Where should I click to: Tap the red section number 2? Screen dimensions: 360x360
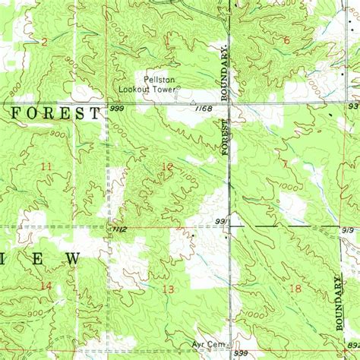(x=44, y=42)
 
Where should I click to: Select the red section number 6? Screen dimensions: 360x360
(x=286, y=40)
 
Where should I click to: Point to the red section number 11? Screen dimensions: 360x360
(x=46, y=166)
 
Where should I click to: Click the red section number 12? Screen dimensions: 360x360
(x=167, y=166)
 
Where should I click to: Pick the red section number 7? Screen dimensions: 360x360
(x=285, y=164)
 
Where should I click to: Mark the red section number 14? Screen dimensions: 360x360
(x=46, y=286)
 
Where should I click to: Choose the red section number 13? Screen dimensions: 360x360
(x=168, y=289)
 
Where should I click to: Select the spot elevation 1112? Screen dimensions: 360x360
(x=117, y=229)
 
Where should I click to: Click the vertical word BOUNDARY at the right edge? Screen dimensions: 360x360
(x=339, y=304)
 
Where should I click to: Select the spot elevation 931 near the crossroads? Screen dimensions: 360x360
(x=222, y=221)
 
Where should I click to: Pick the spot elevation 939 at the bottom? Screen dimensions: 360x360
(x=241, y=353)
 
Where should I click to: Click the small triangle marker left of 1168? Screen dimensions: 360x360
(x=193, y=103)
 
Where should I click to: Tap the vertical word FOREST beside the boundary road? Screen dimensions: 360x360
(x=226, y=137)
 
